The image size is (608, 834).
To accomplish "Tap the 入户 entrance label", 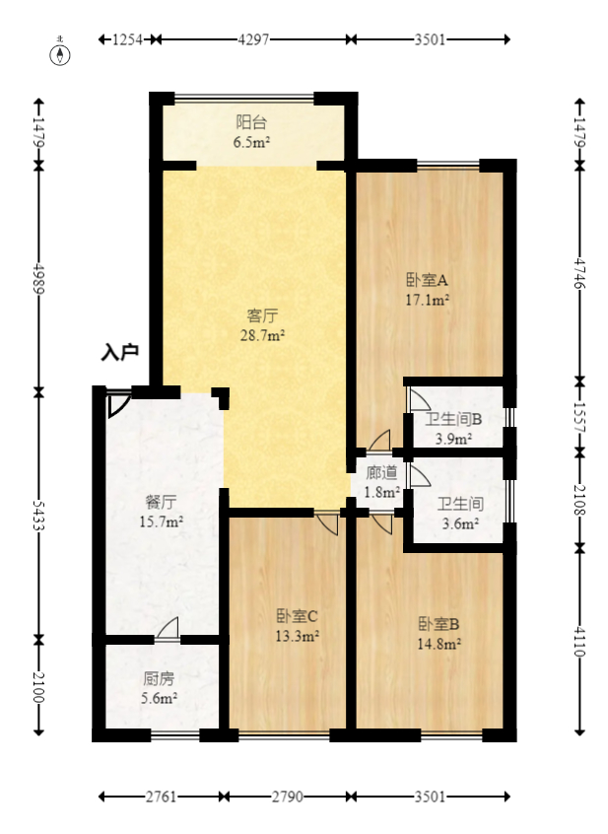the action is pyautogui.click(x=120, y=352).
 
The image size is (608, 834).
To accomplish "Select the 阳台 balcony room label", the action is pyautogui.click(x=251, y=122).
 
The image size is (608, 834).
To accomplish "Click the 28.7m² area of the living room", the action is pyautogui.click(x=262, y=335).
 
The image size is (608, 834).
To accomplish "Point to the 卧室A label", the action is pyautogui.click(x=428, y=279).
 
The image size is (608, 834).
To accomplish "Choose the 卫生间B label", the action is pyautogui.click(x=453, y=419).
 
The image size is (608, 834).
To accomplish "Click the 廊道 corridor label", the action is pyautogui.click(x=381, y=472).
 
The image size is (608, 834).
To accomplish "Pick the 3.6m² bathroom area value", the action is pyautogui.click(x=460, y=523).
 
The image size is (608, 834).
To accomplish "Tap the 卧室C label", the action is pyautogui.click(x=297, y=616).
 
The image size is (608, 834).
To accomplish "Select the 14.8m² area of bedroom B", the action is pyautogui.click(x=439, y=644).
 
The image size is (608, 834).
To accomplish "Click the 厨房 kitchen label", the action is pyautogui.click(x=159, y=678).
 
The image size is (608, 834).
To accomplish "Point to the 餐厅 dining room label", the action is pyautogui.click(x=161, y=502).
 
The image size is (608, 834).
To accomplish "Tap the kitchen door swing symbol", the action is pyautogui.click(x=168, y=628).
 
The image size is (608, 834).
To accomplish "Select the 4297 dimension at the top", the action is pyautogui.click(x=253, y=39).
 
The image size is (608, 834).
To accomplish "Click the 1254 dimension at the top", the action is pyautogui.click(x=127, y=39).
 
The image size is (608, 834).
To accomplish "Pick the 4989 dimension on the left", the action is pyautogui.click(x=38, y=278).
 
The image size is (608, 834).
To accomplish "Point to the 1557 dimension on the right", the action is pyautogui.click(x=579, y=417).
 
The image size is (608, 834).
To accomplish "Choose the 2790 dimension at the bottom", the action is pyautogui.click(x=288, y=797).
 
